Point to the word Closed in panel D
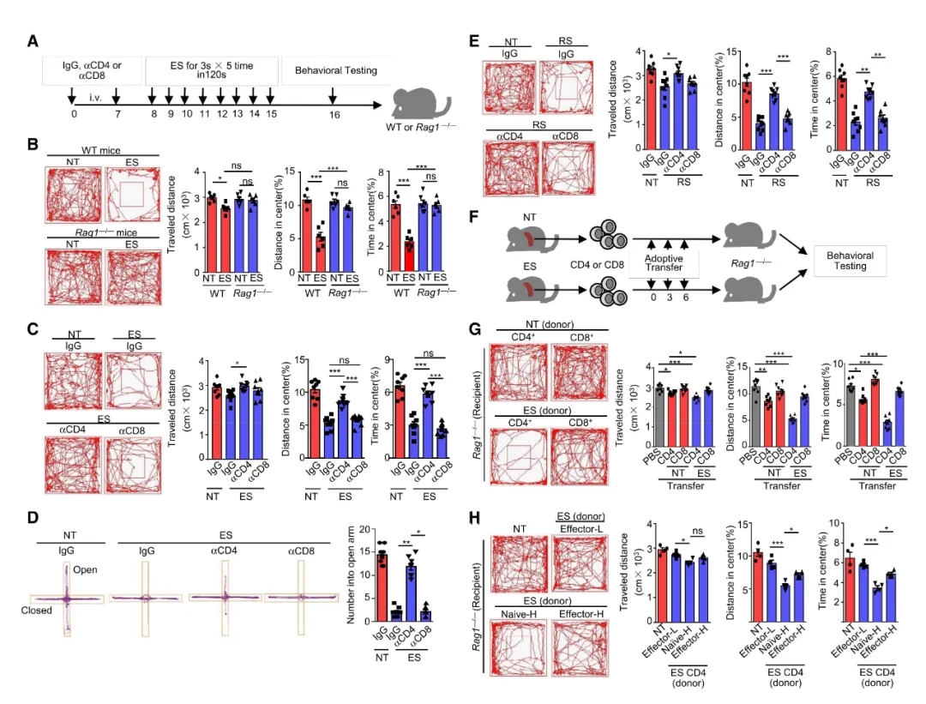pyautogui.click(x=38, y=611)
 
